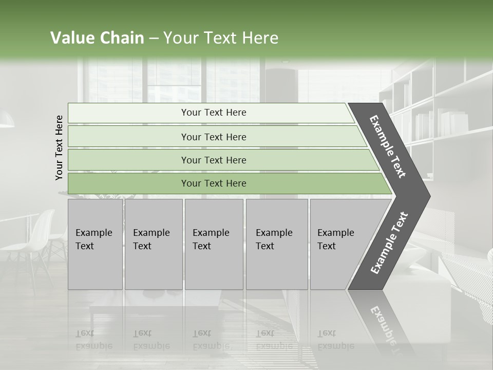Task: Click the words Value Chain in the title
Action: [x=97, y=38]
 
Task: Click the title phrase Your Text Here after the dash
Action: [x=221, y=38]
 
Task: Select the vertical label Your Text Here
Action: [x=59, y=147]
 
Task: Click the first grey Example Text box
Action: [x=95, y=244]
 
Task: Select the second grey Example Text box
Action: [x=153, y=244]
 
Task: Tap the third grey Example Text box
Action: [x=213, y=244]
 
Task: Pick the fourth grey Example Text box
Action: [x=276, y=244]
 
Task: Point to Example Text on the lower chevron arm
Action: [x=389, y=243]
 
